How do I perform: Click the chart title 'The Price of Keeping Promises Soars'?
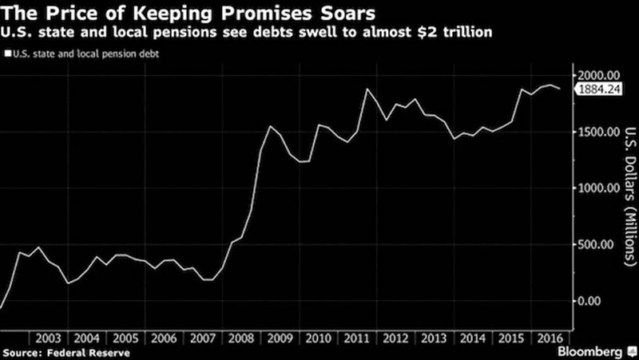click(189, 14)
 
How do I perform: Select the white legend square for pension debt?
click(7, 55)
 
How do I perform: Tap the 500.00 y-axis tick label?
click(599, 244)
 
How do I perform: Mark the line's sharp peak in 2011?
click(367, 89)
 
